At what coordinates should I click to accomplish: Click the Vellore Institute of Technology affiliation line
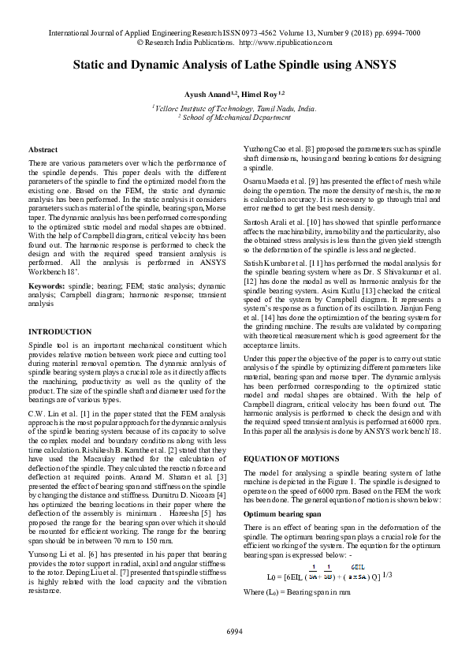pos(234,107)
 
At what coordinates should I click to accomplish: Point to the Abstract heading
pos(43,149)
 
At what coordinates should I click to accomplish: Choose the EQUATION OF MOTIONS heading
pos(291,458)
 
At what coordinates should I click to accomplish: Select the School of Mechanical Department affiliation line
pos(234,117)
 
